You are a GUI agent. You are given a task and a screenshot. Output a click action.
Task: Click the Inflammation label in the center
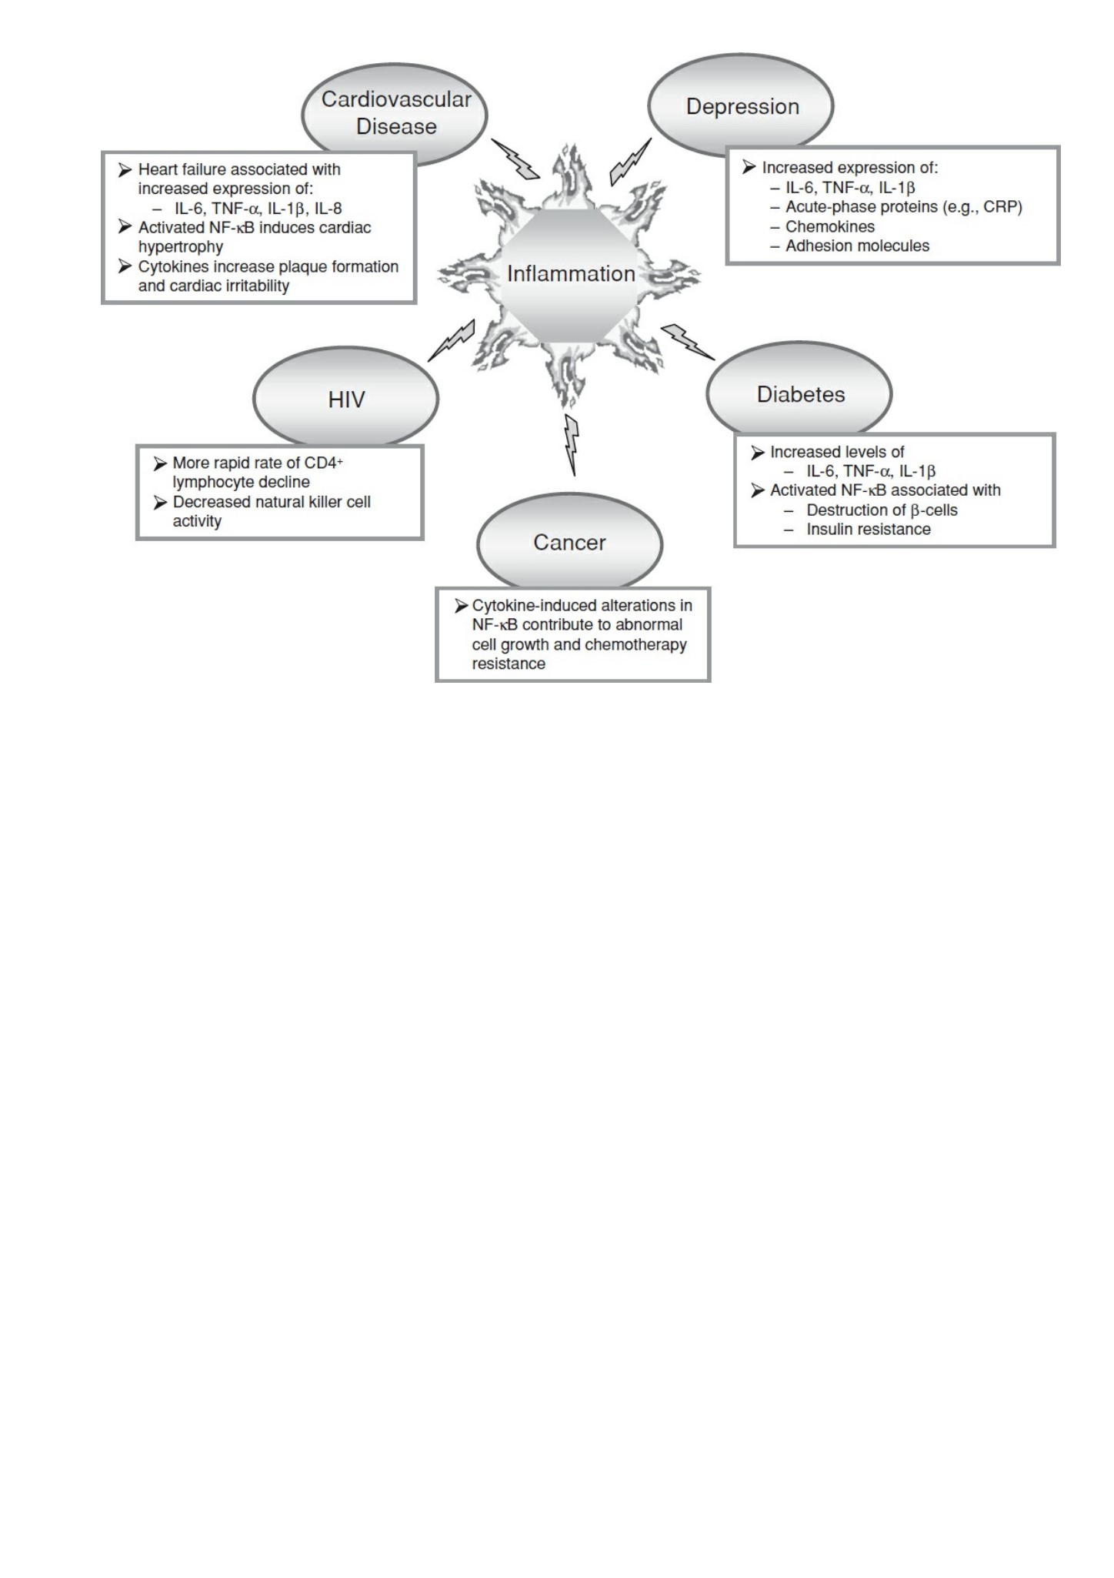click(571, 273)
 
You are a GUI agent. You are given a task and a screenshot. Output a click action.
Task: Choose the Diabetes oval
click(799, 393)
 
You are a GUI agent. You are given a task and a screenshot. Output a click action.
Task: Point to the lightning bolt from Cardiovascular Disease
click(516, 159)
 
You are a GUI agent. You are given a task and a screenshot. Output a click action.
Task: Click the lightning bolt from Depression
click(630, 162)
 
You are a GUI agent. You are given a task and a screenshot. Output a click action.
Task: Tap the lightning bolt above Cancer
click(571, 444)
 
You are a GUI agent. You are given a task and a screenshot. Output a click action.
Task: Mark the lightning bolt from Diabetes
click(688, 342)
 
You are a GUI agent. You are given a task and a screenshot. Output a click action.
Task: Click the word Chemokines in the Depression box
click(830, 226)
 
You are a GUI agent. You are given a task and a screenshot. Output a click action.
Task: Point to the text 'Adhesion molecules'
click(857, 246)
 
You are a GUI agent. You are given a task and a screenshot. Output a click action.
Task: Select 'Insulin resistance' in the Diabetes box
click(869, 529)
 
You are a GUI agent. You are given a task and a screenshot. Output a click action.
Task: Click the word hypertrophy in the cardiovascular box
click(181, 247)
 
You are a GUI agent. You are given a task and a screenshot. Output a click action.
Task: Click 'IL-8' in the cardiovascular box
click(328, 208)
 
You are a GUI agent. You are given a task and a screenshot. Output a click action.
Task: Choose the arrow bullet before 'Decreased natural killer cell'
click(160, 503)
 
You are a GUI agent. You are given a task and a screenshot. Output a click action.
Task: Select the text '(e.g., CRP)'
click(982, 207)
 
